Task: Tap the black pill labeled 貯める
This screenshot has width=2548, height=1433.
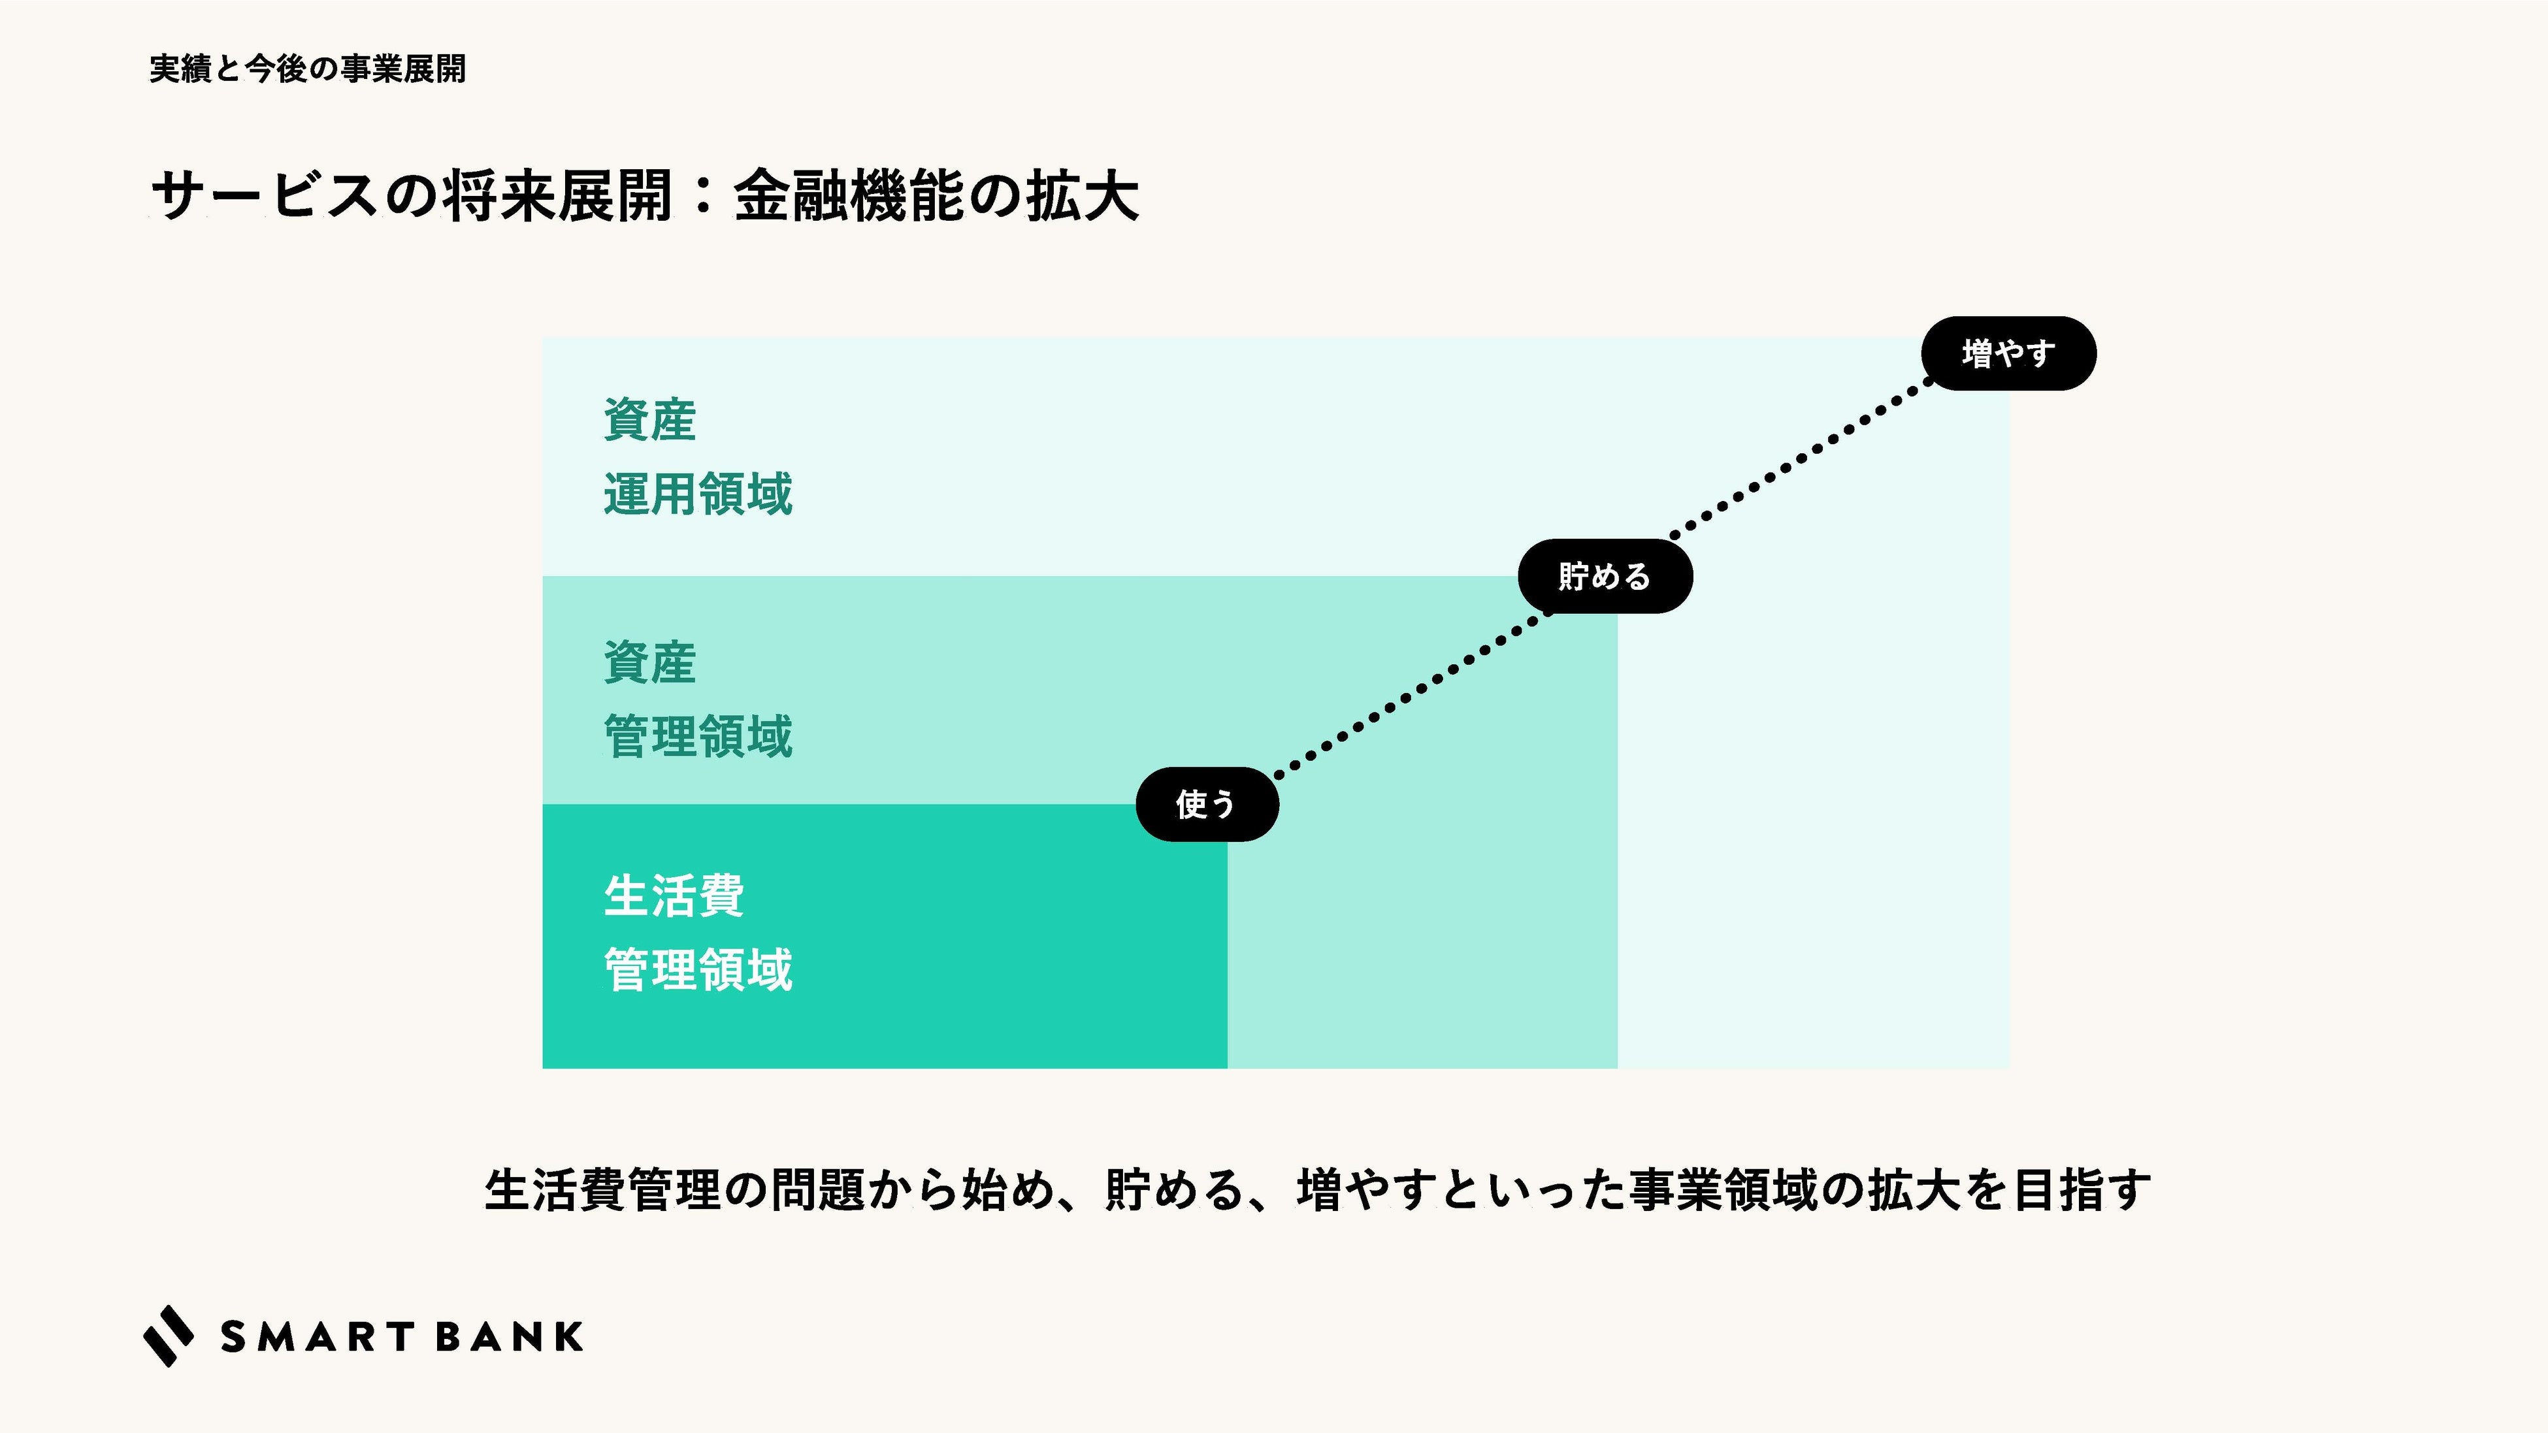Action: (x=1605, y=577)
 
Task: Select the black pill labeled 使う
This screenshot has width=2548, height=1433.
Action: (x=1207, y=804)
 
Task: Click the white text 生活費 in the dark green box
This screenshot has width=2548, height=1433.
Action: (x=674, y=896)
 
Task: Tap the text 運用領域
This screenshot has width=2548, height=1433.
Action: (x=698, y=494)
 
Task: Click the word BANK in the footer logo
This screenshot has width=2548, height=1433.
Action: (x=508, y=1337)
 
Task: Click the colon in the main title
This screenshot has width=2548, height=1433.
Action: (x=703, y=196)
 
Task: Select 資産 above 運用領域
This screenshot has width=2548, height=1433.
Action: (x=650, y=421)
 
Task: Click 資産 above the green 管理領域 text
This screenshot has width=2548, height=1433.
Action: (x=650, y=662)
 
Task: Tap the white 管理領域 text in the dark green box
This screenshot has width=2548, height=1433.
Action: (x=698, y=970)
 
